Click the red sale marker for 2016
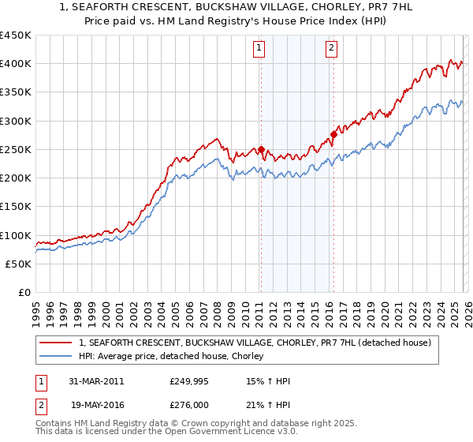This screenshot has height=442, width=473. click(x=333, y=134)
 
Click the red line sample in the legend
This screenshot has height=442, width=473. click(x=57, y=343)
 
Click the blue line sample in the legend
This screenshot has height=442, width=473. click(x=57, y=357)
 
